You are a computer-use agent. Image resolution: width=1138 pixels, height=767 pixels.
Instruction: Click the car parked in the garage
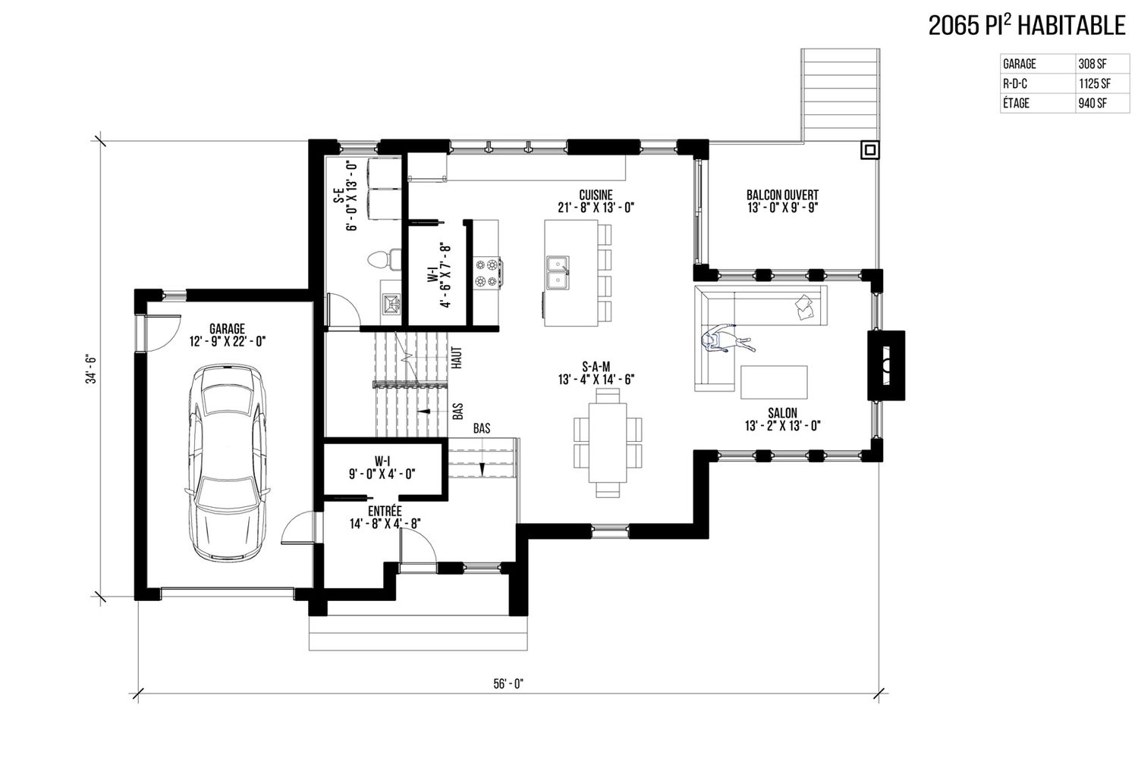[227, 462]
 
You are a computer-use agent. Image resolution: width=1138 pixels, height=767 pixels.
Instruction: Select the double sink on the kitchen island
[558, 273]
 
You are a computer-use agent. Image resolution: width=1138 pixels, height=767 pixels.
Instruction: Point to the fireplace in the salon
[886, 365]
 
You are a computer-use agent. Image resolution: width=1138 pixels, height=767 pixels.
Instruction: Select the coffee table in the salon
[774, 382]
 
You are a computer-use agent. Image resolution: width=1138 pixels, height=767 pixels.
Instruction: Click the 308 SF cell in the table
[1092, 64]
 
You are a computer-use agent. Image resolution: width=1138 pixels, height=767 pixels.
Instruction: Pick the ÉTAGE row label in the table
[1016, 103]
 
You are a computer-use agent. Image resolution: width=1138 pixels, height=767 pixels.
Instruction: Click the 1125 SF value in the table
[1095, 83]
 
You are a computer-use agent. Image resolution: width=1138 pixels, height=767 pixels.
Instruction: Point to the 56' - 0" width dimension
[508, 684]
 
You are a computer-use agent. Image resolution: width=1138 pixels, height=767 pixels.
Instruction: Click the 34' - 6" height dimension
[92, 368]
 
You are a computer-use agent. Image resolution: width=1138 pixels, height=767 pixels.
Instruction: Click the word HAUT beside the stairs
[457, 358]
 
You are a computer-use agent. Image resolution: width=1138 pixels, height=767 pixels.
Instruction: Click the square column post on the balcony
[870, 150]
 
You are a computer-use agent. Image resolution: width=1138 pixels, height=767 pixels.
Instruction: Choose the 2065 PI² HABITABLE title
[1026, 25]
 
